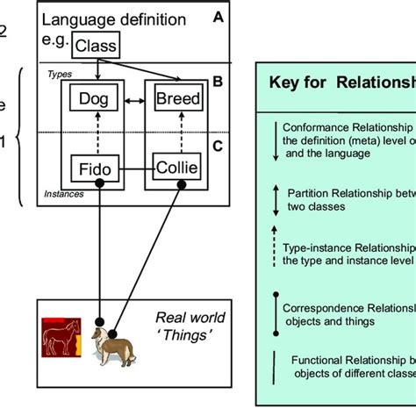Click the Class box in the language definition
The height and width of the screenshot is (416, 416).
[x=96, y=46]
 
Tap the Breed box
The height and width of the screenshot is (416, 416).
[x=177, y=100]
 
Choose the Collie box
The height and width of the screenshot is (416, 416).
[x=177, y=167]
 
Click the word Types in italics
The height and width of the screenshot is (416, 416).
[x=59, y=75]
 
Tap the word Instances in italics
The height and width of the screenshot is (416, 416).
[x=64, y=193]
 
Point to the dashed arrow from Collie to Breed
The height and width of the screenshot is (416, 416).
[x=177, y=133]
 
